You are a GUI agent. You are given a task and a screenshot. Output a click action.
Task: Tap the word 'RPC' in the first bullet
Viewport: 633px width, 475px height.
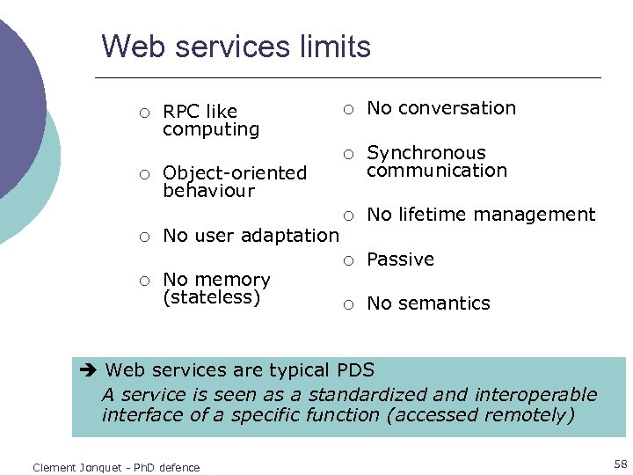pos(182,112)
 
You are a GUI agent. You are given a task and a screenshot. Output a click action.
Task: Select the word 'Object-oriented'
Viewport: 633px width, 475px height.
pos(235,173)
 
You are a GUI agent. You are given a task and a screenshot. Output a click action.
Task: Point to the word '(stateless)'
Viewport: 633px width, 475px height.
pos(212,297)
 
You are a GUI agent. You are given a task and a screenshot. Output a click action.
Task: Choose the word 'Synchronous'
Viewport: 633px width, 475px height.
pos(426,153)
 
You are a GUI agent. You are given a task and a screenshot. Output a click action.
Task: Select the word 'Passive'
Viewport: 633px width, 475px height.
pos(400,259)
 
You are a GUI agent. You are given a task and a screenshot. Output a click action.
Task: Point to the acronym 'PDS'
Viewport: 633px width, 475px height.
pos(354,370)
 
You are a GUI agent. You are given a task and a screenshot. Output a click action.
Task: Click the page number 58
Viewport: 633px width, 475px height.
pos(621,464)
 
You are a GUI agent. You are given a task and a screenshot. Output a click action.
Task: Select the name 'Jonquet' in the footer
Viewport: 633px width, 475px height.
pos(99,468)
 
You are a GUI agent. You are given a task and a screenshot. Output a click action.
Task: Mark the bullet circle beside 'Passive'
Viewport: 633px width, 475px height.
pos(348,260)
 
